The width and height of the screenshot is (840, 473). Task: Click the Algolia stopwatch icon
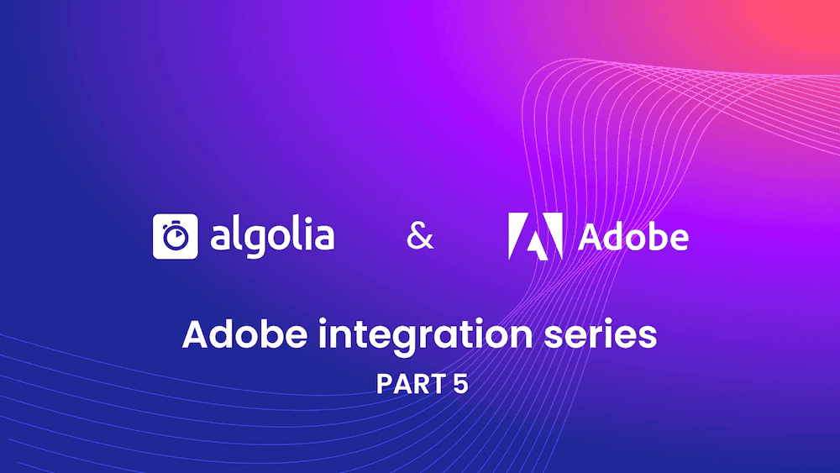tap(176, 236)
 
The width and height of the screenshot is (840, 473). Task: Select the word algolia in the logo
tap(272, 236)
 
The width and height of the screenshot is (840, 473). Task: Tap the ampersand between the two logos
tap(420, 238)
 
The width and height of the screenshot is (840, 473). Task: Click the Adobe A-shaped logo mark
tap(535, 235)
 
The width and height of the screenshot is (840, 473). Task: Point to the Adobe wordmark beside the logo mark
tap(633, 237)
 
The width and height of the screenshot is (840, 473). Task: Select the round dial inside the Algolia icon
tap(176, 239)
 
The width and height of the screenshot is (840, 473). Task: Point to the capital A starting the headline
tap(195, 335)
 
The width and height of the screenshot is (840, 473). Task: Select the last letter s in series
tap(648, 336)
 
